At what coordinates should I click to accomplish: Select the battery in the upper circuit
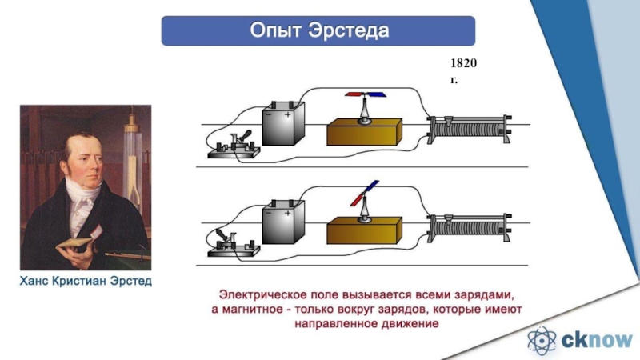click(283, 123)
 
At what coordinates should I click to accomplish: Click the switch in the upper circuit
click(233, 145)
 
